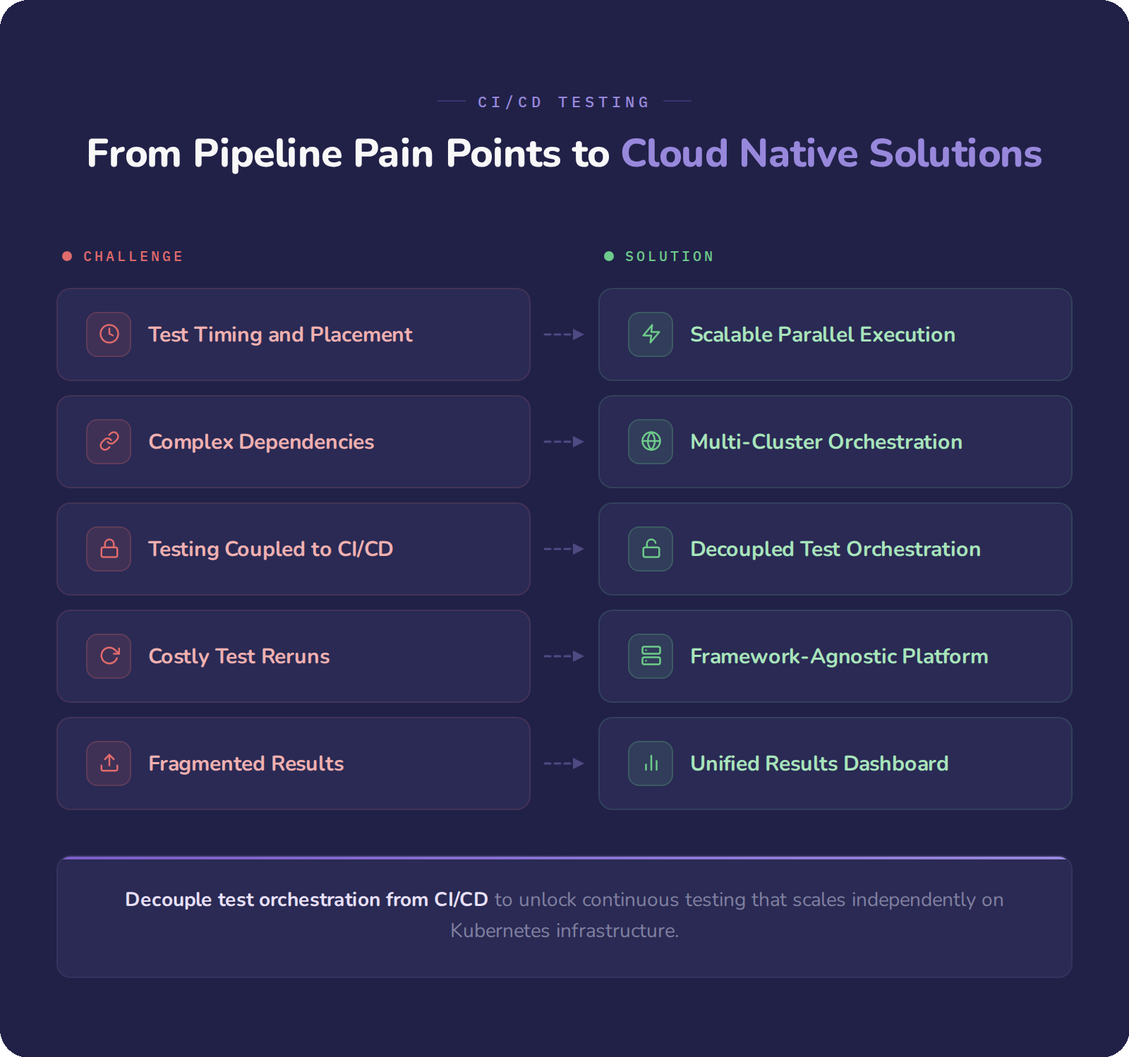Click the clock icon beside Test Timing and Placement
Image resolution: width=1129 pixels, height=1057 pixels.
pyautogui.click(x=109, y=334)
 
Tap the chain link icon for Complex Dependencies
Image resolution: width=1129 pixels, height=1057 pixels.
pyautogui.click(x=109, y=442)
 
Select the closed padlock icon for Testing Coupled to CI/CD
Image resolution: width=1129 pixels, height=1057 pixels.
pyautogui.click(x=109, y=549)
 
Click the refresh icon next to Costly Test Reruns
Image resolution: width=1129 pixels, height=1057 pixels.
pyautogui.click(x=109, y=656)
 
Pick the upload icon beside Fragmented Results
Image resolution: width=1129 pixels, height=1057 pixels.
pyautogui.click(x=109, y=763)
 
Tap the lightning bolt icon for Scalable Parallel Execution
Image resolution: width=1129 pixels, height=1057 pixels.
pyautogui.click(x=651, y=334)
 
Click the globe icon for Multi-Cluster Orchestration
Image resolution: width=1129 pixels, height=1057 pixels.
pyautogui.click(x=651, y=442)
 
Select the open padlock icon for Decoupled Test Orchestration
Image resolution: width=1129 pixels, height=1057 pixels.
pyautogui.click(x=651, y=549)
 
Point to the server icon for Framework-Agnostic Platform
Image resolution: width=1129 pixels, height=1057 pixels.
pyautogui.click(x=651, y=656)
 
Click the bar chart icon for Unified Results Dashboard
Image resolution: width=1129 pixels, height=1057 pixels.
pyautogui.click(x=651, y=763)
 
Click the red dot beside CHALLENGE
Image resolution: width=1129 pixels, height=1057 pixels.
pyautogui.click(x=67, y=256)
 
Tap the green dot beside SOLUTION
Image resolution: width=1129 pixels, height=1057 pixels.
pyautogui.click(x=609, y=256)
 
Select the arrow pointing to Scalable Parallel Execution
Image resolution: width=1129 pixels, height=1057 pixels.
pyautogui.click(x=564, y=334)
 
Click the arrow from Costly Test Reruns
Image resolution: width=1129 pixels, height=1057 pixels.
pyautogui.click(x=564, y=656)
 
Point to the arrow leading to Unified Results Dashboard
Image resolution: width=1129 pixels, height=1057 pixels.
pyautogui.click(x=564, y=763)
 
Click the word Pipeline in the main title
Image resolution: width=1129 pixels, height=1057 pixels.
pyautogui.click(x=267, y=154)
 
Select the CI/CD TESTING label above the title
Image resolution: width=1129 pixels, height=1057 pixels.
pyautogui.click(x=564, y=102)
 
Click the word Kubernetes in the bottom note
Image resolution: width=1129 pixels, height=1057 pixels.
pyautogui.click(x=500, y=931)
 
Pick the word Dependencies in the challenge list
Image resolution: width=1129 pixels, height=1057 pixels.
pyautogui.click(x=306, y=442)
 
